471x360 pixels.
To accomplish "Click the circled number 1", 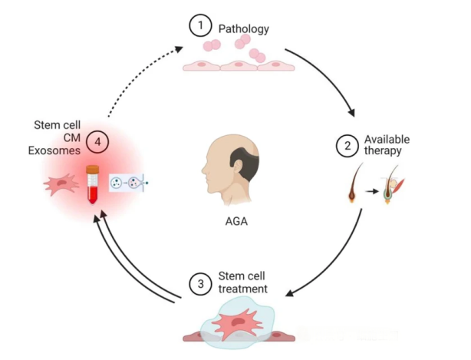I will click(x=200, y=27).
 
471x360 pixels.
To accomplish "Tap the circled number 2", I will click(x=347, y=144).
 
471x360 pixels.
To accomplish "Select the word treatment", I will click(x=242, y=289).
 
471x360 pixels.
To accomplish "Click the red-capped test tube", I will click(x=93, y=184).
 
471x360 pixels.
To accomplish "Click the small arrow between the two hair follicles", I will click(x=370, y=193).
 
